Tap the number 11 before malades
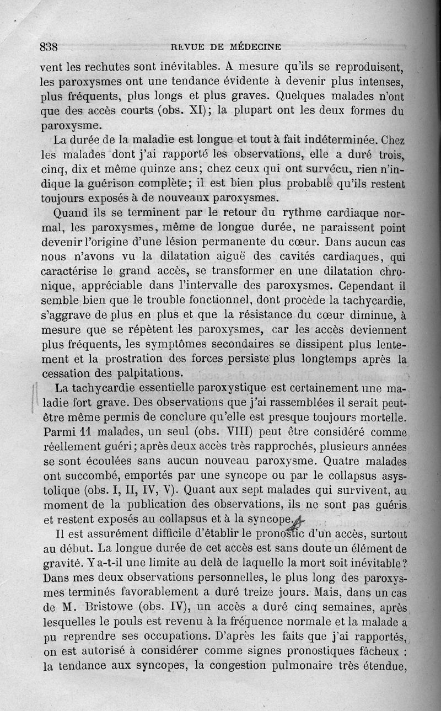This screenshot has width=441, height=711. point(81,430)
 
